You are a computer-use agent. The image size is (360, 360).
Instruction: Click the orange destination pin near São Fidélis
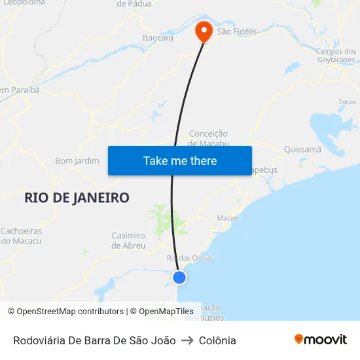click(x=204, y=30)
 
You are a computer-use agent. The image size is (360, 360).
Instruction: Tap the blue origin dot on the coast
click(x=179, y=278)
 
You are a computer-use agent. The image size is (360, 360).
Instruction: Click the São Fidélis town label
click(x=237, y=31)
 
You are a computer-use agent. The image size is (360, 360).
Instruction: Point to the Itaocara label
click(x=158, y=38)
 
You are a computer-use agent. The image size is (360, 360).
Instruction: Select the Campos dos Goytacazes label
click(x=335, y=56)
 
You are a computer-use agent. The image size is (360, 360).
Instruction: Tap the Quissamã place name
click(x=302, y=149)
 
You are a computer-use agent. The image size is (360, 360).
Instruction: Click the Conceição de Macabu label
click(x=208, y=138)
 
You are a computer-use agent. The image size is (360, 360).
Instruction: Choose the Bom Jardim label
click(x=77, y=160)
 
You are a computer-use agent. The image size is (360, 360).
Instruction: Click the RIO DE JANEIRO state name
click(x=77, y=198)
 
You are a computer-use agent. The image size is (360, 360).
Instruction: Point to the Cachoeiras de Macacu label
click(x=21, y=236)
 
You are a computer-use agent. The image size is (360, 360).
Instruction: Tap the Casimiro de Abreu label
click(x=128, y=240)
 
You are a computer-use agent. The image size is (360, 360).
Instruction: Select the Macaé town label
click(x=228, y=218)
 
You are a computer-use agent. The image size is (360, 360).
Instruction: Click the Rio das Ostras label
click(x=190, y=258)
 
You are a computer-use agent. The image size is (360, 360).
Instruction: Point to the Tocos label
click(x=347, y=102)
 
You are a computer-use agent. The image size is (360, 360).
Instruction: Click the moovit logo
click(x=321, y=339)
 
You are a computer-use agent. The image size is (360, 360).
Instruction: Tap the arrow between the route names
click(x=188, y=340)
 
